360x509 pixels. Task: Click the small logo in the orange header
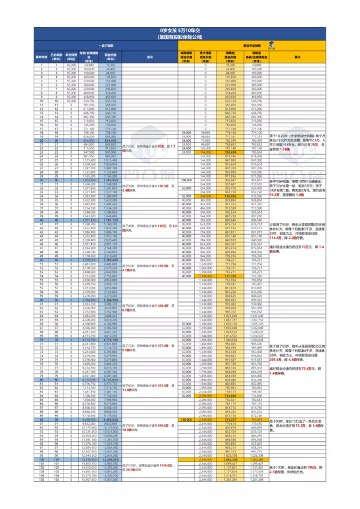pos(271,45)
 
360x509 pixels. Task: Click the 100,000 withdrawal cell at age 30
pos(185,180)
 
